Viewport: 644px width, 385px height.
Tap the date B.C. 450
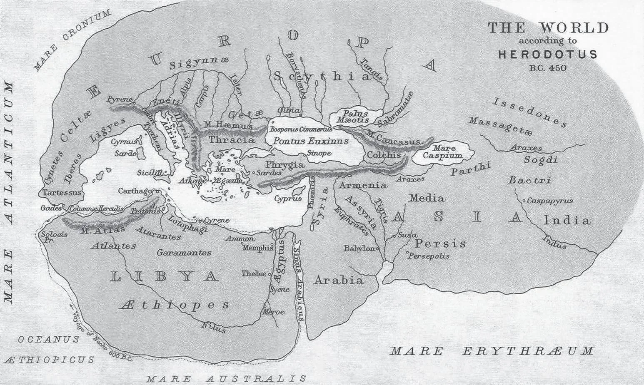(x=548, y=68)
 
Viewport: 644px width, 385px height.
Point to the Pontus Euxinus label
(x=310, y=142)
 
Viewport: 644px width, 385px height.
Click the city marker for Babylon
(x=378, y=249)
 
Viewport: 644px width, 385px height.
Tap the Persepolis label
(x=429, y=256)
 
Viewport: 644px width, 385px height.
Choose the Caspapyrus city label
(x=550, y=201)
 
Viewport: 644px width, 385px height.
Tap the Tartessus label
(x=62, y=193)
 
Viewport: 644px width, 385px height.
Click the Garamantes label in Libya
(x=184, y=252)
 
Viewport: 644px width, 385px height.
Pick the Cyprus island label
(x=288, y=199)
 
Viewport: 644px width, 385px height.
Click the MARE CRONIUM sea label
(x=71, y=40)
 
